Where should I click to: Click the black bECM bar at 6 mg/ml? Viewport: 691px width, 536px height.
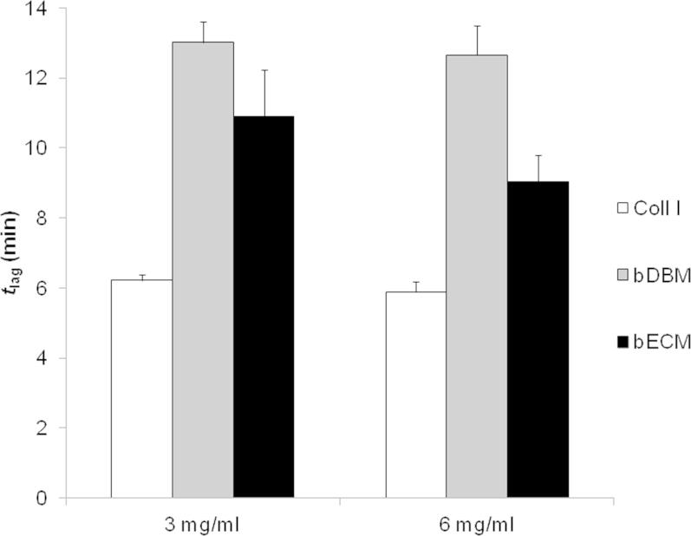pyautogui.click(x=538, y=339)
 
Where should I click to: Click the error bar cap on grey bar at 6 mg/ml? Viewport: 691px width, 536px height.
pyautogui.click(x=477, y=26)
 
